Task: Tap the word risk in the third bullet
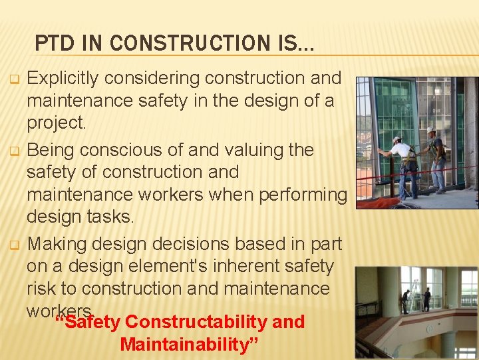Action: tap(41, 289)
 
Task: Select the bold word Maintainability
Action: tap(183, 345)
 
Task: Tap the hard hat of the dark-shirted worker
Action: tap(430, 130)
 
